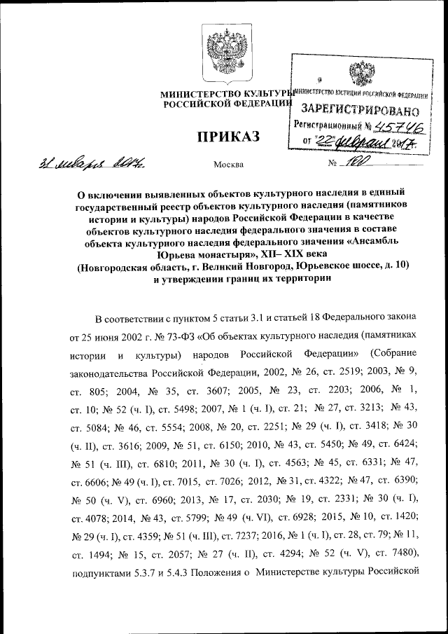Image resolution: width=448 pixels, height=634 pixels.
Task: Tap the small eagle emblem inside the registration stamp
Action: coord(361,74)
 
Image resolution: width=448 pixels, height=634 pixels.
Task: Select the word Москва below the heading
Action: coord(227,165)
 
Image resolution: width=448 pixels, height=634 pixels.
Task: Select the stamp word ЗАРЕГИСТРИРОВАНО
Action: coord(360,110)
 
